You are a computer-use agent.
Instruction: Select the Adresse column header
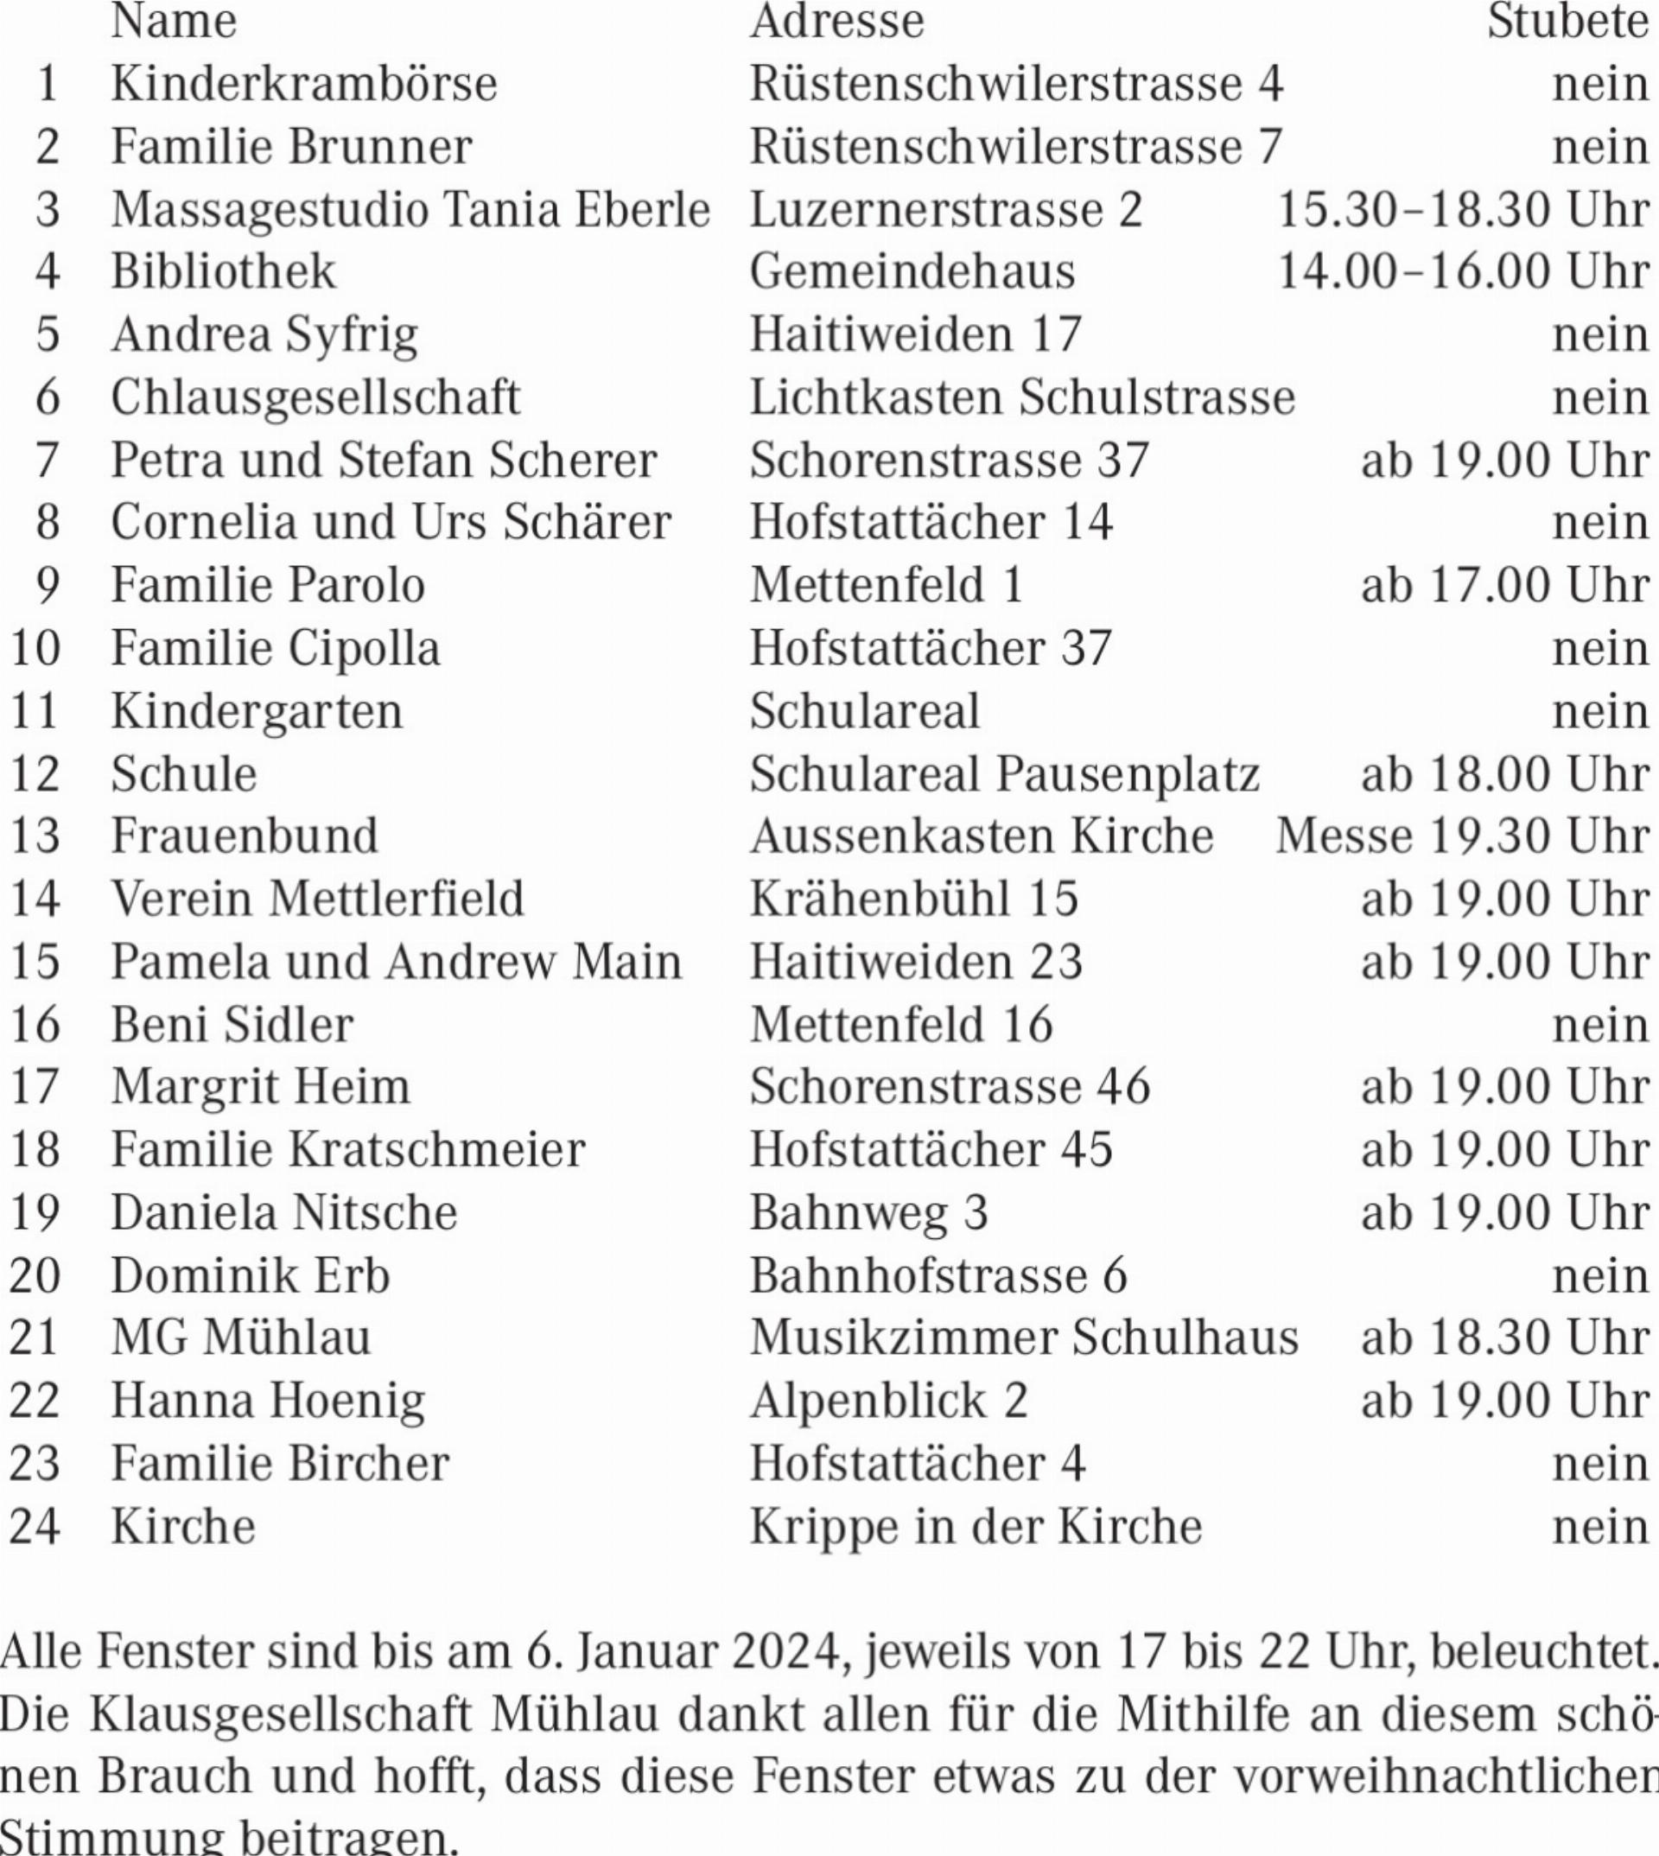(836, 22)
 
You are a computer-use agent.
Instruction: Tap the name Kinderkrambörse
(303, 85)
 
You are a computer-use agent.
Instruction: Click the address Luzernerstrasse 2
(945, 210)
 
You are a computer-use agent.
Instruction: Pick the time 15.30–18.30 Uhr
(1462, 210)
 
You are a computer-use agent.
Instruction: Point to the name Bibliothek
(223, 271)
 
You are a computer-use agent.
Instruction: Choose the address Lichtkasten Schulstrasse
(1022, 397)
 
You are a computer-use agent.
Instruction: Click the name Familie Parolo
(268, 585)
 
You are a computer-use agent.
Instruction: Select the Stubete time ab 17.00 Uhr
(1504, 585)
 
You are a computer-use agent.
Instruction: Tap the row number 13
(35, 836)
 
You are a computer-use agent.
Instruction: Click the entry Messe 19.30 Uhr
(1462, 836)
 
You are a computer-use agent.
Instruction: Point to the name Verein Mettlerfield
(317, 899)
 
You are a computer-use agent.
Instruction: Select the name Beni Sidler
(232, 1025)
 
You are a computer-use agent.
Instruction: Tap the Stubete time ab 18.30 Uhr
(1504, 1338)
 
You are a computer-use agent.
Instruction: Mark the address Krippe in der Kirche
(976, 1526)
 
